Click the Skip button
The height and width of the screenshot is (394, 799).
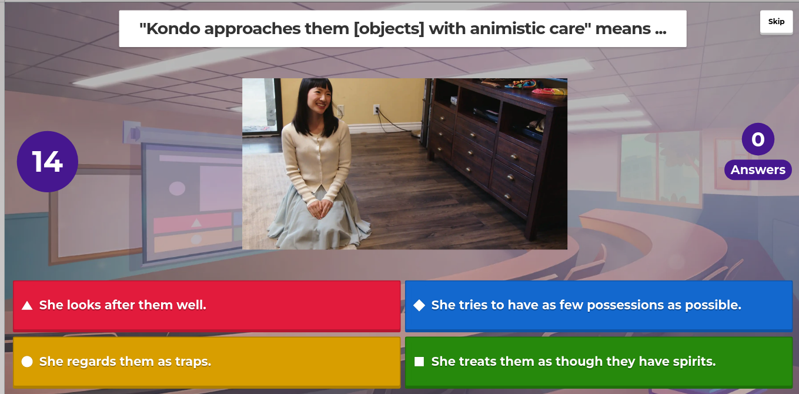[x=776, y=22]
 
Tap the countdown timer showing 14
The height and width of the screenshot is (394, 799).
[x=48, y=162]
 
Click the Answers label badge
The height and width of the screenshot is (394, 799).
[x=758, y=170]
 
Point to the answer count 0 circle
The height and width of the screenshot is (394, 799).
[x=758, y=139]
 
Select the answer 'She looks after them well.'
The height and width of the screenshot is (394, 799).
[x=206, y=306]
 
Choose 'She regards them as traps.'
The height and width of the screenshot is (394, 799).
[x=206, y=362]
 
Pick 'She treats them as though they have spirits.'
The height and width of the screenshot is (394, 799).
[x=599, y=362]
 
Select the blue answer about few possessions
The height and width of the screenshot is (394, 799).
[x=599, y=306]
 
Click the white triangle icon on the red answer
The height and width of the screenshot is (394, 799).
[x=27, y=305]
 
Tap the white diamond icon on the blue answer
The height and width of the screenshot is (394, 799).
[x=419, y=305]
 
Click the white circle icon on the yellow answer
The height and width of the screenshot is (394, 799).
[x=27, y=362]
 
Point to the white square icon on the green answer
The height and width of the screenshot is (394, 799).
[x=419, y=362]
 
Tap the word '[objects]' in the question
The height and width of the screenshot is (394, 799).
[x=389, y=29]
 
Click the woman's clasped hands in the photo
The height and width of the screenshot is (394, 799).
[x=320, y=208]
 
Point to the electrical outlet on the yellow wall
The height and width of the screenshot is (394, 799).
[x=376, y=109]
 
